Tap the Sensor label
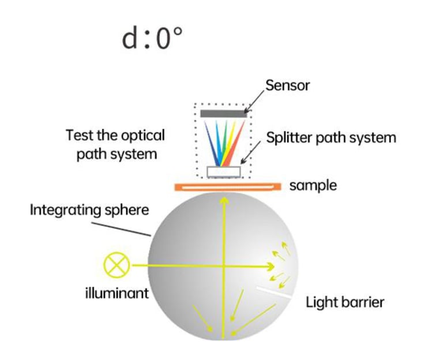coord(287,86)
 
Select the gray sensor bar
coord(223,114)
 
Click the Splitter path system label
coord(331,138)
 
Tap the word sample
coord(313,186)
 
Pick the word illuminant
coord(113,293)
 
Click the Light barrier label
coord(344,302)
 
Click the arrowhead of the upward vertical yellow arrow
coord(224,200)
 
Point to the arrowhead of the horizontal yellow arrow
coord(271,267)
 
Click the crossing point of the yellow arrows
coord(224,267)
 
